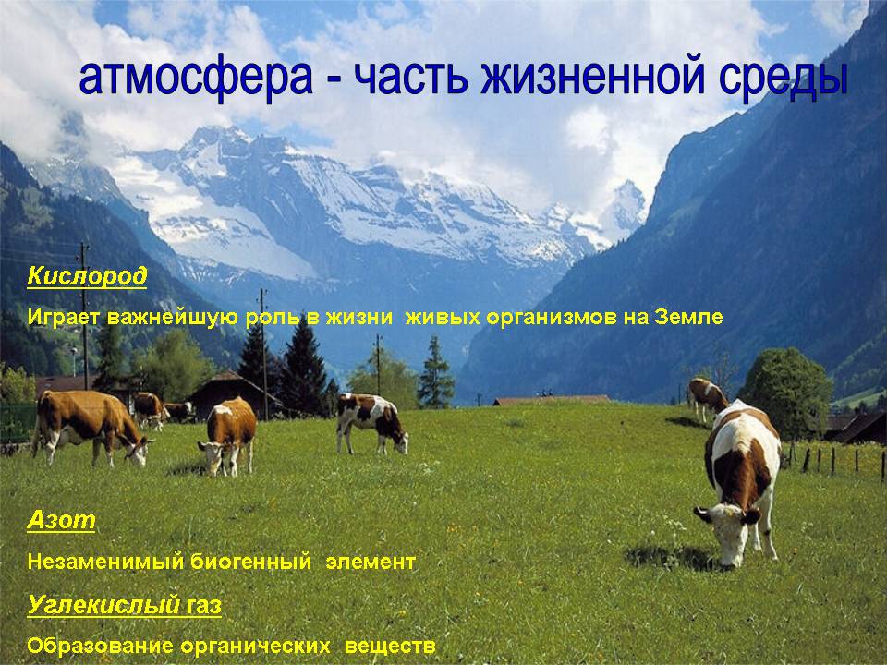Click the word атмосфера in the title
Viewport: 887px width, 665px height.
point(196,78)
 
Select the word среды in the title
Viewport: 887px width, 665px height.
point(784,78)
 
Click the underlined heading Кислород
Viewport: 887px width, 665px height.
point(87,276)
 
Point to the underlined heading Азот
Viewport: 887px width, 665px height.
point(61,520)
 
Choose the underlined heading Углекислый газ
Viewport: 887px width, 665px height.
point(125,606)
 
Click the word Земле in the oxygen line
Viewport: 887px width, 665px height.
point(688,317)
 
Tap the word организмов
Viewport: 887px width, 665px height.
point(553,318)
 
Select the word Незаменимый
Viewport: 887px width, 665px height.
point(105,562)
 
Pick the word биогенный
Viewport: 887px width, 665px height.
point(250,562)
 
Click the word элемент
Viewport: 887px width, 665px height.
point(371,562)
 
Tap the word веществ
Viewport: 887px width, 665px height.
point(390,646)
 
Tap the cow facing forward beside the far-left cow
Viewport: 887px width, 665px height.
point(227,435)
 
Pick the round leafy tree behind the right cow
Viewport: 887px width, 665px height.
point(786,390)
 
